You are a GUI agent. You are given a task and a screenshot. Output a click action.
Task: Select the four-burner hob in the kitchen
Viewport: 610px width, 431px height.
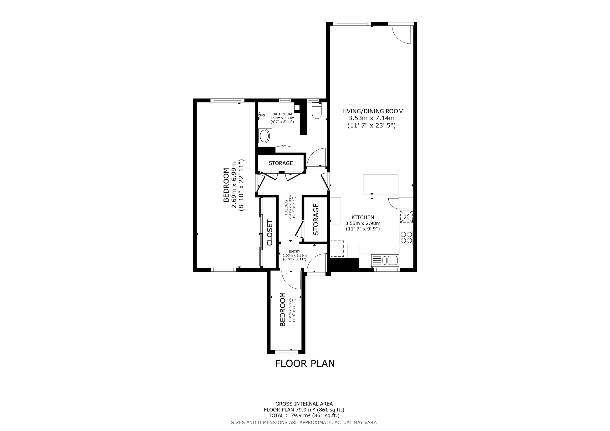point(406,237)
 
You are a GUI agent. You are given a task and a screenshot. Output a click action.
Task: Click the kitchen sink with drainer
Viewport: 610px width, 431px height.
point(385,260)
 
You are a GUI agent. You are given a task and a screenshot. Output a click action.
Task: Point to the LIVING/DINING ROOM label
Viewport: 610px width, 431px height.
point(373,111)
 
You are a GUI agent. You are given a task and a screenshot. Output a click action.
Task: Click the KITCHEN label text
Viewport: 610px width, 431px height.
point(363,217)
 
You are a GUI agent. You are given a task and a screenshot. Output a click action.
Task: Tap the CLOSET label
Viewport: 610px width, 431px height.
point(270,232)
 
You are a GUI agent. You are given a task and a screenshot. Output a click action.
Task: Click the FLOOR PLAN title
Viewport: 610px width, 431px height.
point(305,364)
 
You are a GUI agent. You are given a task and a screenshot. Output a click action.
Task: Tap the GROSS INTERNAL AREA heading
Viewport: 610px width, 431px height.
point(304,404)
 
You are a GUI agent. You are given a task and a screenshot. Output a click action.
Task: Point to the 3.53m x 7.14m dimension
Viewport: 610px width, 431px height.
point(371,118)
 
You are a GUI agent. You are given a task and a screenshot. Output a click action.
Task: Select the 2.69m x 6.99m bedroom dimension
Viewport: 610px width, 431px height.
point(234,185)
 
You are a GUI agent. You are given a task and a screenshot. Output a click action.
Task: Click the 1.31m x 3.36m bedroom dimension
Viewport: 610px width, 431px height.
point(290,310)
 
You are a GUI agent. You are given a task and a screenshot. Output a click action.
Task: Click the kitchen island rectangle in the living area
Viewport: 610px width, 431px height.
point(381,185)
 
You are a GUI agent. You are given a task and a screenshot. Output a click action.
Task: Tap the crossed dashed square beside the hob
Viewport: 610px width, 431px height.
point(406,216)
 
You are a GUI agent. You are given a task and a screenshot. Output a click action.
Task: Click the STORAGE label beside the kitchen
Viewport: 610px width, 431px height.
point(316,220)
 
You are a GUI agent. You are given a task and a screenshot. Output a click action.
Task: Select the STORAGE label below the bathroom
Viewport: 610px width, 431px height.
point(280,163)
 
